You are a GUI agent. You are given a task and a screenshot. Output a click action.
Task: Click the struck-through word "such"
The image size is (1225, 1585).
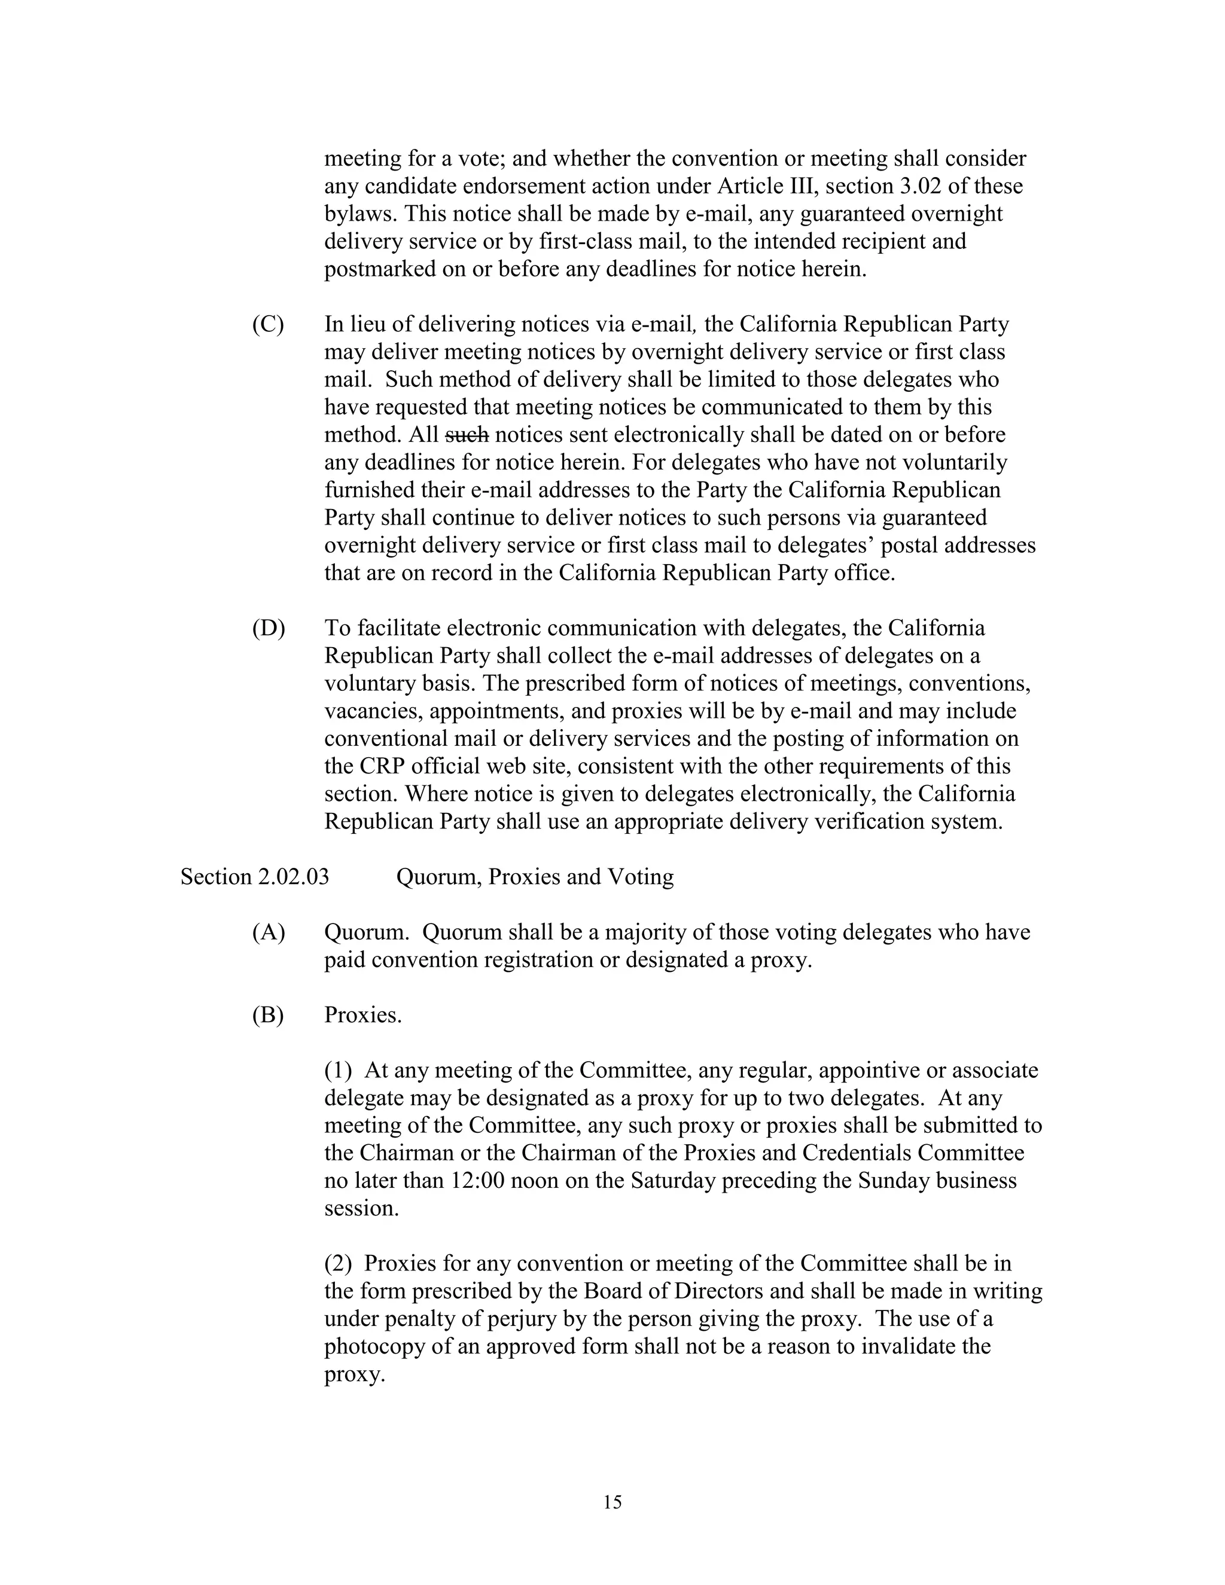coord(466,435)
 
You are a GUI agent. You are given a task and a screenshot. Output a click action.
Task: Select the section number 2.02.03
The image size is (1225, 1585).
coord(292,877)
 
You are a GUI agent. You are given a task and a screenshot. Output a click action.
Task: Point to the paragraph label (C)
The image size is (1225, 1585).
coord(268,324)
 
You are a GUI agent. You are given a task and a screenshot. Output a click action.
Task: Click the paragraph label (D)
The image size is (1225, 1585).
coord(268,629)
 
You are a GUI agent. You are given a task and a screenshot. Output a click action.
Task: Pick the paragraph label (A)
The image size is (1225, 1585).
coord(268,932)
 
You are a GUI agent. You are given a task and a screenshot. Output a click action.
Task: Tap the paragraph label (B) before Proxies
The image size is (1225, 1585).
coord(268,1016)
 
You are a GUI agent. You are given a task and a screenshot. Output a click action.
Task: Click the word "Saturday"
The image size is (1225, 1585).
coord(674,1181)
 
